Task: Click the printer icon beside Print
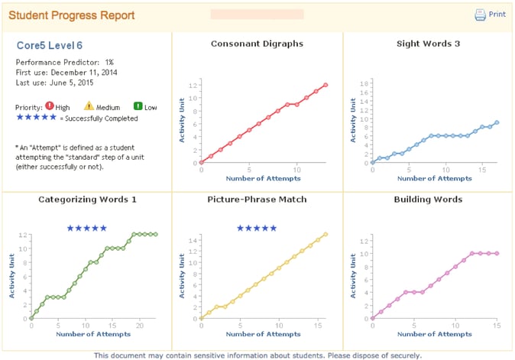480,15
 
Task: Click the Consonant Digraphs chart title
257,44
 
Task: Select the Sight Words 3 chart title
428,44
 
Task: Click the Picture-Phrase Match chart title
257,200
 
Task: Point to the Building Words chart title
428,200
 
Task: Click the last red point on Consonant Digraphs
326,85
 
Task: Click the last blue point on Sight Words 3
497,122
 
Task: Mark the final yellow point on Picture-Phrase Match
326,234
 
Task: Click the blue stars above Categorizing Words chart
86,228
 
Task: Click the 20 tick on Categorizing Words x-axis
139,326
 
